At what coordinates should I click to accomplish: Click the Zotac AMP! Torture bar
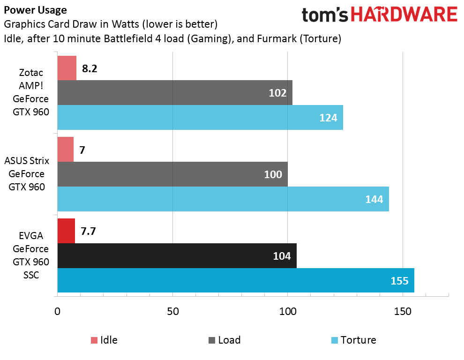(x=200, y=117)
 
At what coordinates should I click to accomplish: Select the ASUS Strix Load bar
(x=172, y=174)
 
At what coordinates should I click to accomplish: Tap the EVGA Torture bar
(x=235, y=280)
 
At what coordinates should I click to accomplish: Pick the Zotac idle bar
(x=67, y=68)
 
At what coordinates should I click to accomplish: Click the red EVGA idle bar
(x=66, y=231)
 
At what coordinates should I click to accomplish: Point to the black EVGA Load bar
(x=177, y=255)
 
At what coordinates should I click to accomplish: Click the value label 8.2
(x=89, y=68)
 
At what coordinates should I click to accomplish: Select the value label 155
(x=399, y=281)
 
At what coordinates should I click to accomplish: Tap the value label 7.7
(x=89, y=231)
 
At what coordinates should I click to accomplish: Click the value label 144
(x=374, y=199)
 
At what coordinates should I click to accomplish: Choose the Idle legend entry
(x=104, y=340)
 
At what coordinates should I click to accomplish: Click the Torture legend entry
(x=353, y=340)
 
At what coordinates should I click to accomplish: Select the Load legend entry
(x=224, y=340)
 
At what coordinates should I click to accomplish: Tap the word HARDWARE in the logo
(x=404, y=15)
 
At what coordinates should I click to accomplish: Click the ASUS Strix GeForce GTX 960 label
(x=27, y=174)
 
